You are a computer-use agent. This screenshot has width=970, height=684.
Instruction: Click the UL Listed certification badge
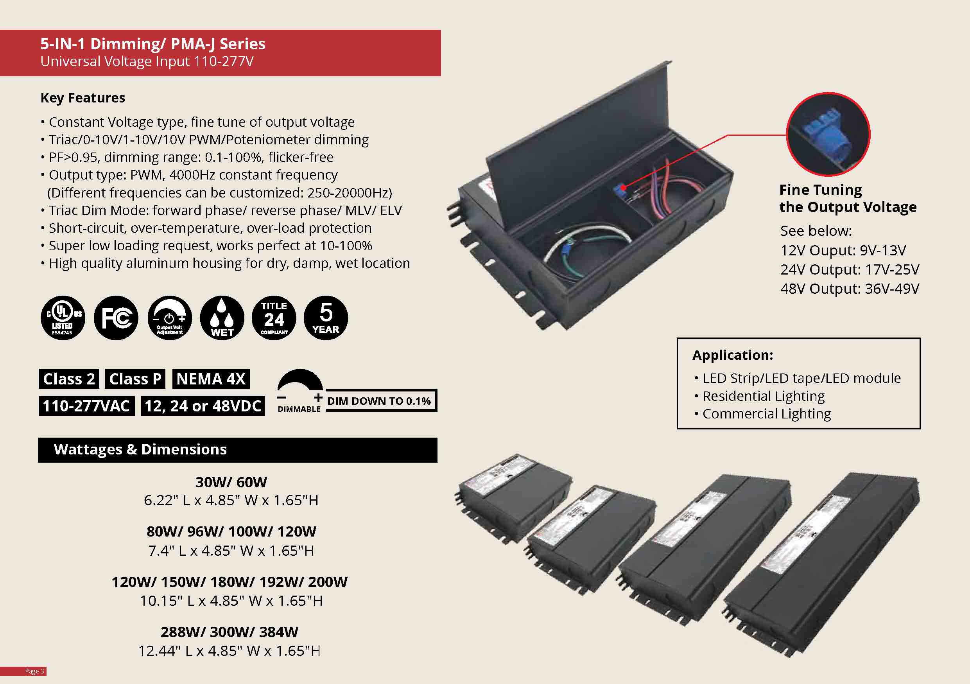coord(63,318)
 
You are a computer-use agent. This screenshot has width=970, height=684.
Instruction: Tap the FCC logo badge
coord(116,318)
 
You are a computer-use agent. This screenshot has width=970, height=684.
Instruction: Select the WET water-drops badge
coord(222,318)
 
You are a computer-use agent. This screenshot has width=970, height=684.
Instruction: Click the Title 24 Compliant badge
coord(274,318)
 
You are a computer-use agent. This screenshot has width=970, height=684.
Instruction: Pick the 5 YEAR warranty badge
coord(326,318)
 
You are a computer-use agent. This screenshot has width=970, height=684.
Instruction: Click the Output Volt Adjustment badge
coord(169,318)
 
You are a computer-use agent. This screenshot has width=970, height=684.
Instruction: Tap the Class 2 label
coord(69,379)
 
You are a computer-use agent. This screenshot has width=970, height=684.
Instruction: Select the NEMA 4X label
coord(211,379)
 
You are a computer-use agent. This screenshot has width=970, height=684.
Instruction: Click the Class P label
coord(135,379)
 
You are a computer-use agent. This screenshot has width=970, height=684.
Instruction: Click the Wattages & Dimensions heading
coord(140,449)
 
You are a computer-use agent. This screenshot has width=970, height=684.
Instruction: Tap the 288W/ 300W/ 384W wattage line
coord(230,632)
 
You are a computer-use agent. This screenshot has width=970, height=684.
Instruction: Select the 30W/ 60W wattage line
coord(231,482)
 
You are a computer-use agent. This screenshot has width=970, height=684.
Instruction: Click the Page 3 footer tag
coord(34,671)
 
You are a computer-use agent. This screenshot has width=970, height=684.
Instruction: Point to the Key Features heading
coord(83,98)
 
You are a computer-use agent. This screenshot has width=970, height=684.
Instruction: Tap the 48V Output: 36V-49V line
coord(849,289)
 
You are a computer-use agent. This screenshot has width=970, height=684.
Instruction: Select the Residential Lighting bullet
coord(763,396)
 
